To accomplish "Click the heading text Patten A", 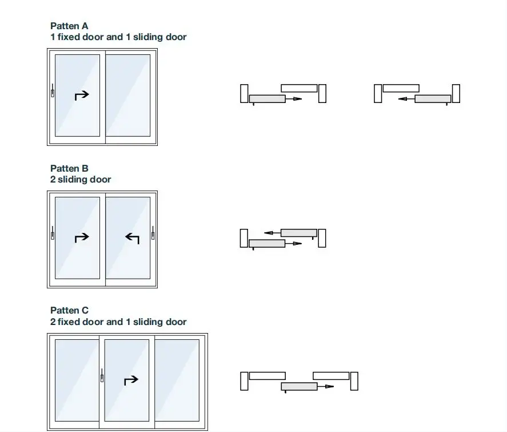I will (x=69, y=26).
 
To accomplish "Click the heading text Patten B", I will (x=69, y=168).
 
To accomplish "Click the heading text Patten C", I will (x=69, y=311).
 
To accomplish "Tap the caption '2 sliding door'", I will (x=81, y=179).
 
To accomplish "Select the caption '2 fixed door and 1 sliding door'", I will (x=118, y=322).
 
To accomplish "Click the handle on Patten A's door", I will (x=52, y=92).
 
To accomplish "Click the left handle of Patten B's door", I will (x=52, y=234).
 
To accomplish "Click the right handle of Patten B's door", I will (x=153, y=234).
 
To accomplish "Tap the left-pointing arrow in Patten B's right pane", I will (x=133, y=237).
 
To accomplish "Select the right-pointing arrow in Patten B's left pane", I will (x=82, y=237).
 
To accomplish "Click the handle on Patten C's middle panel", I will (x=102, y=376).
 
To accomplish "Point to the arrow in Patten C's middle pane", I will (x=131, y=380).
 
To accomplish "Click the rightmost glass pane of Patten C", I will (x=177, y=380).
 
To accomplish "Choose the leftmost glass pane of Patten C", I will (x=77, y=380).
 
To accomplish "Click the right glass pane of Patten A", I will (x=129, y=95).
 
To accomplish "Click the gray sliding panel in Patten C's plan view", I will (x=299, y=387).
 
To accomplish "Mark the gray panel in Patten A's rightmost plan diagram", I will (x=433, y=99).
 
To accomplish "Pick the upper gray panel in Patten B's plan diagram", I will (x=298, y=233).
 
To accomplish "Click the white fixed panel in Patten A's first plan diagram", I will (x=299, y=88).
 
